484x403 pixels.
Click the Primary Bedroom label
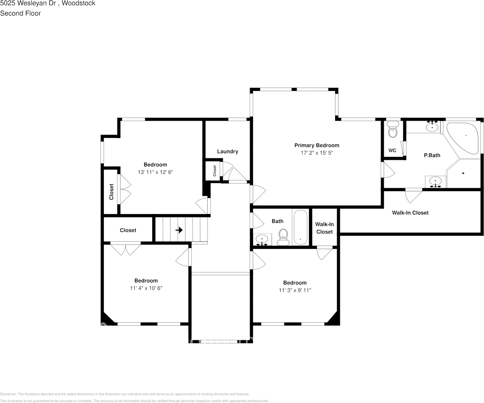(317, 145)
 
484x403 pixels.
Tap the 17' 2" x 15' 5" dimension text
(317, 153)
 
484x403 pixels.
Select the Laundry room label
(228, 152)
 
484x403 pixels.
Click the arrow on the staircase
(179, 230)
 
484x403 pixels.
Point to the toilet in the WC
(393, 131)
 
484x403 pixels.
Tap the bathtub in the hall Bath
(300, 228)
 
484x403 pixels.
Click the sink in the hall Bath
(262, 239)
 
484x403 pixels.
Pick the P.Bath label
(432, 155)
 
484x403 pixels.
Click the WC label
(392, 151)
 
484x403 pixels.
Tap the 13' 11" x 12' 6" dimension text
(155, 172)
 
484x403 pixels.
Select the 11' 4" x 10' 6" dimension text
(146, 288)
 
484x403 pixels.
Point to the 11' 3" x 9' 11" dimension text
(295, 290)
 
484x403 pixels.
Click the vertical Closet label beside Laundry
(215, 171)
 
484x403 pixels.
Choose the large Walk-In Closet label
(410, 213)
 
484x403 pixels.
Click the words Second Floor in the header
(20, 13)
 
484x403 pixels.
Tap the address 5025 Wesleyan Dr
(28, 3)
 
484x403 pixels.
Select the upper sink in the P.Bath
(433, 126)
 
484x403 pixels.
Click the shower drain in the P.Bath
(463, 173)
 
